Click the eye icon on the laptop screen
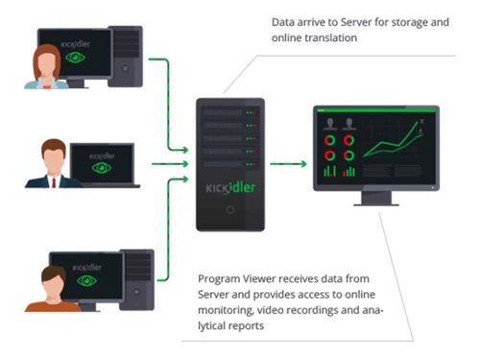102,168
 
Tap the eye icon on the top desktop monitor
75,58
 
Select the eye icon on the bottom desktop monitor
86,280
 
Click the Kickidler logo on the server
230,188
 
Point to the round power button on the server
230,210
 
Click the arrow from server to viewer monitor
288,164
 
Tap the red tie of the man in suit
54,182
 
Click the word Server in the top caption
356,22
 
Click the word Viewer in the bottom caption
258,278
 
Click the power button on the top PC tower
125,68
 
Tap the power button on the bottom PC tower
136,292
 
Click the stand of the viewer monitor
376,199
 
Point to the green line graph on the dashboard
392,141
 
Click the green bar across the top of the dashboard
376,110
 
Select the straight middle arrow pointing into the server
170,164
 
